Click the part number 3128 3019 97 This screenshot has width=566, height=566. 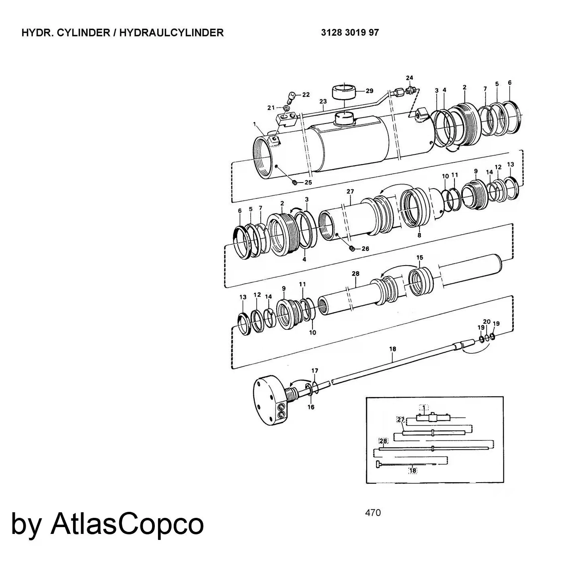coord(349,32)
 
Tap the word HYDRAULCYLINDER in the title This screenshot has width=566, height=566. coord(171,32)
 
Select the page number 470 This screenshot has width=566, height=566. coord(373,512)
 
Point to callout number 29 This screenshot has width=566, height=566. coord(369,91)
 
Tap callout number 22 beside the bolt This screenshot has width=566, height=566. coord(306,95)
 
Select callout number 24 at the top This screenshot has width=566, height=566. coord(409,78)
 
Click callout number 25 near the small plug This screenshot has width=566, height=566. coord(308,182)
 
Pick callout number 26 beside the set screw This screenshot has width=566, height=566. coord(365,249)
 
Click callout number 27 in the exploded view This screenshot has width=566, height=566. coord(350,192)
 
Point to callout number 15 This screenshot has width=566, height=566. coord(420,258)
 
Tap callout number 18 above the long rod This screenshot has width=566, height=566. coord(392,349)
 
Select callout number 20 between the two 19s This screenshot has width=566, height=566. coord(487,322)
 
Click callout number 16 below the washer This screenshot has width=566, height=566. coord(311,407)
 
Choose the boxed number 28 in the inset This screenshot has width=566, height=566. coord(383,441)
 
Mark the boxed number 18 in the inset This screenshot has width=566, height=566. coord(412,471)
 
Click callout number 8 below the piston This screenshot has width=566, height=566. coord(419,235)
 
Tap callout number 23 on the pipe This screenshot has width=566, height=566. coord(323,101)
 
